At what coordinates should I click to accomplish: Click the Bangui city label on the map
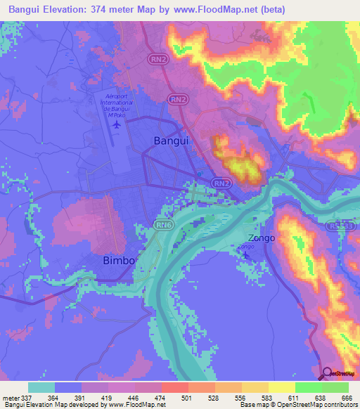[x=171, y=141]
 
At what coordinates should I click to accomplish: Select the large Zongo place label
[x=259, y=238]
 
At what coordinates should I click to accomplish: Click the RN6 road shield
[x=163, y=224]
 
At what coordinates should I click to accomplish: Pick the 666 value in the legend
[x=342, y=397]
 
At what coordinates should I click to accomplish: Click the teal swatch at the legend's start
[x=41, y=387]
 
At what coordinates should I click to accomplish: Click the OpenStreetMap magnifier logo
[x=328, y=373]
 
